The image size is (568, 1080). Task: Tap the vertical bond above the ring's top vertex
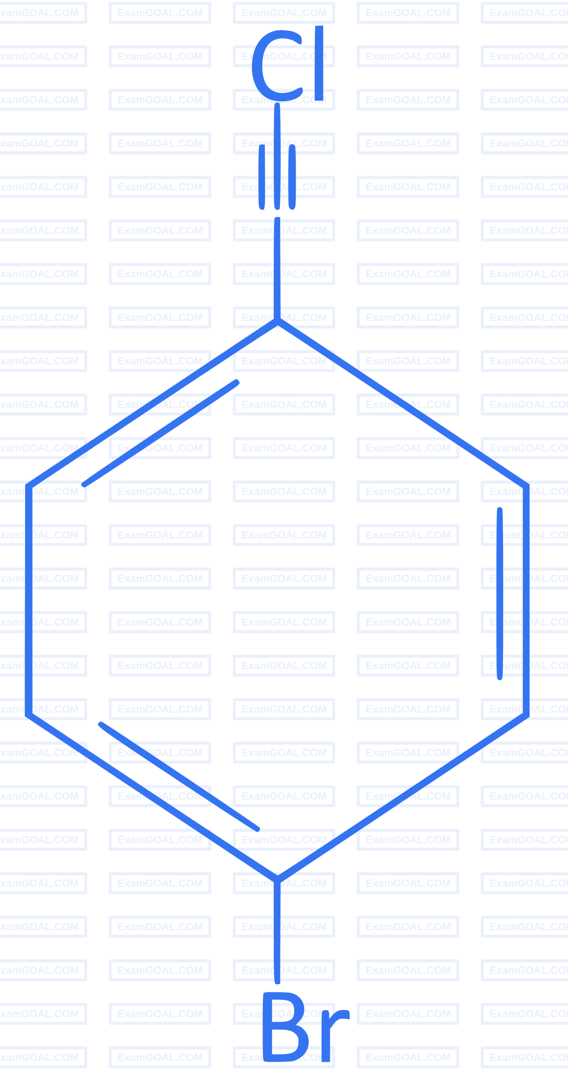(277, 268)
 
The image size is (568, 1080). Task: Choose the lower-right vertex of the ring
(526, 715)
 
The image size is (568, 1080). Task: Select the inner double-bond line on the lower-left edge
(179, 776)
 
